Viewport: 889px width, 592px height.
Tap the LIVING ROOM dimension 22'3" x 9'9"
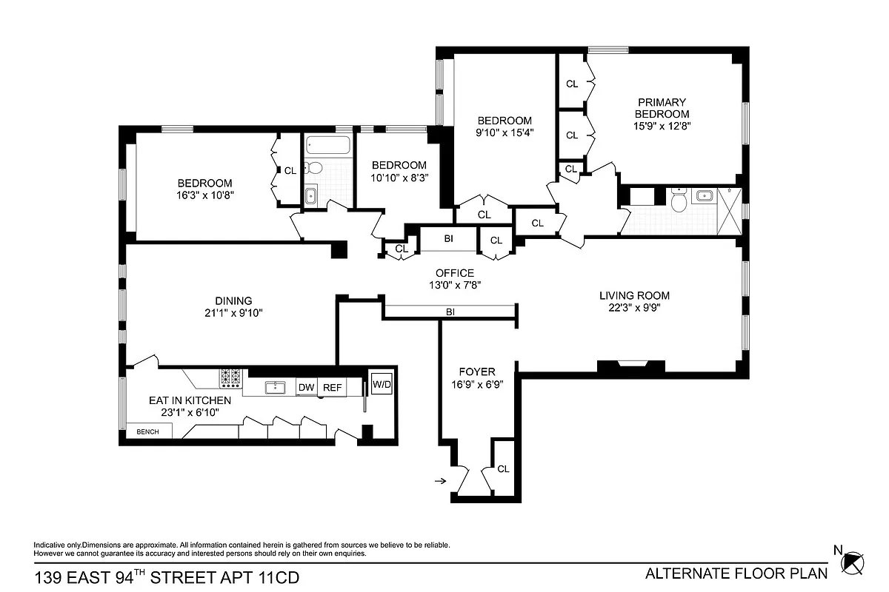[x=629, y=309]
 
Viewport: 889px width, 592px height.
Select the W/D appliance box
[x=382, y=384]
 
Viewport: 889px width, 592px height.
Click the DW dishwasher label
[x=306, y=387]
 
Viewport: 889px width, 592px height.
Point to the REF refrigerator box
[x=332, y=387]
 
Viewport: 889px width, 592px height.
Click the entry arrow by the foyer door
[x=439, y=481]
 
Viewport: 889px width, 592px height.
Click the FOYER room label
[x=477, y=371]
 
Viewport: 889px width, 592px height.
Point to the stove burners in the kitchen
[x=230, y=378]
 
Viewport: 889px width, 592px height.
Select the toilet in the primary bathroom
[x=679, y=200]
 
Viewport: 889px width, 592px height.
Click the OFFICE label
[x=454, y=273]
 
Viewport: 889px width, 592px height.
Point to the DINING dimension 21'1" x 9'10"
[x=233, y=313]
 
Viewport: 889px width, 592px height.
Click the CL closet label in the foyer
[x=503, y=468]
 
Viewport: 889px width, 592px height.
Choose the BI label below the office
[x=450, y=312]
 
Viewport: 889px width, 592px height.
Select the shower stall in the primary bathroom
[x=728, y=212]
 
